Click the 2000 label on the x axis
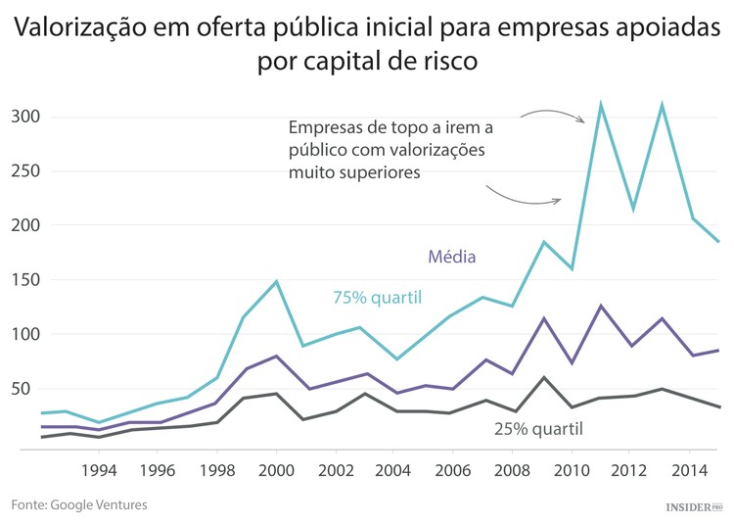(276, 470)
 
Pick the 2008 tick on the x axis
(511, 470)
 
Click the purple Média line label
(451, 259)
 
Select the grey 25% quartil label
(538, 428)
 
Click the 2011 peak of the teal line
(600, 104)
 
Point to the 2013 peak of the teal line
(663, 104)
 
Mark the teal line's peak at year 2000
(276, 282)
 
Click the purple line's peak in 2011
(601, 306)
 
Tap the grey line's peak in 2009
(544, 377)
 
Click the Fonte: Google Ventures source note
(79, 504)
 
